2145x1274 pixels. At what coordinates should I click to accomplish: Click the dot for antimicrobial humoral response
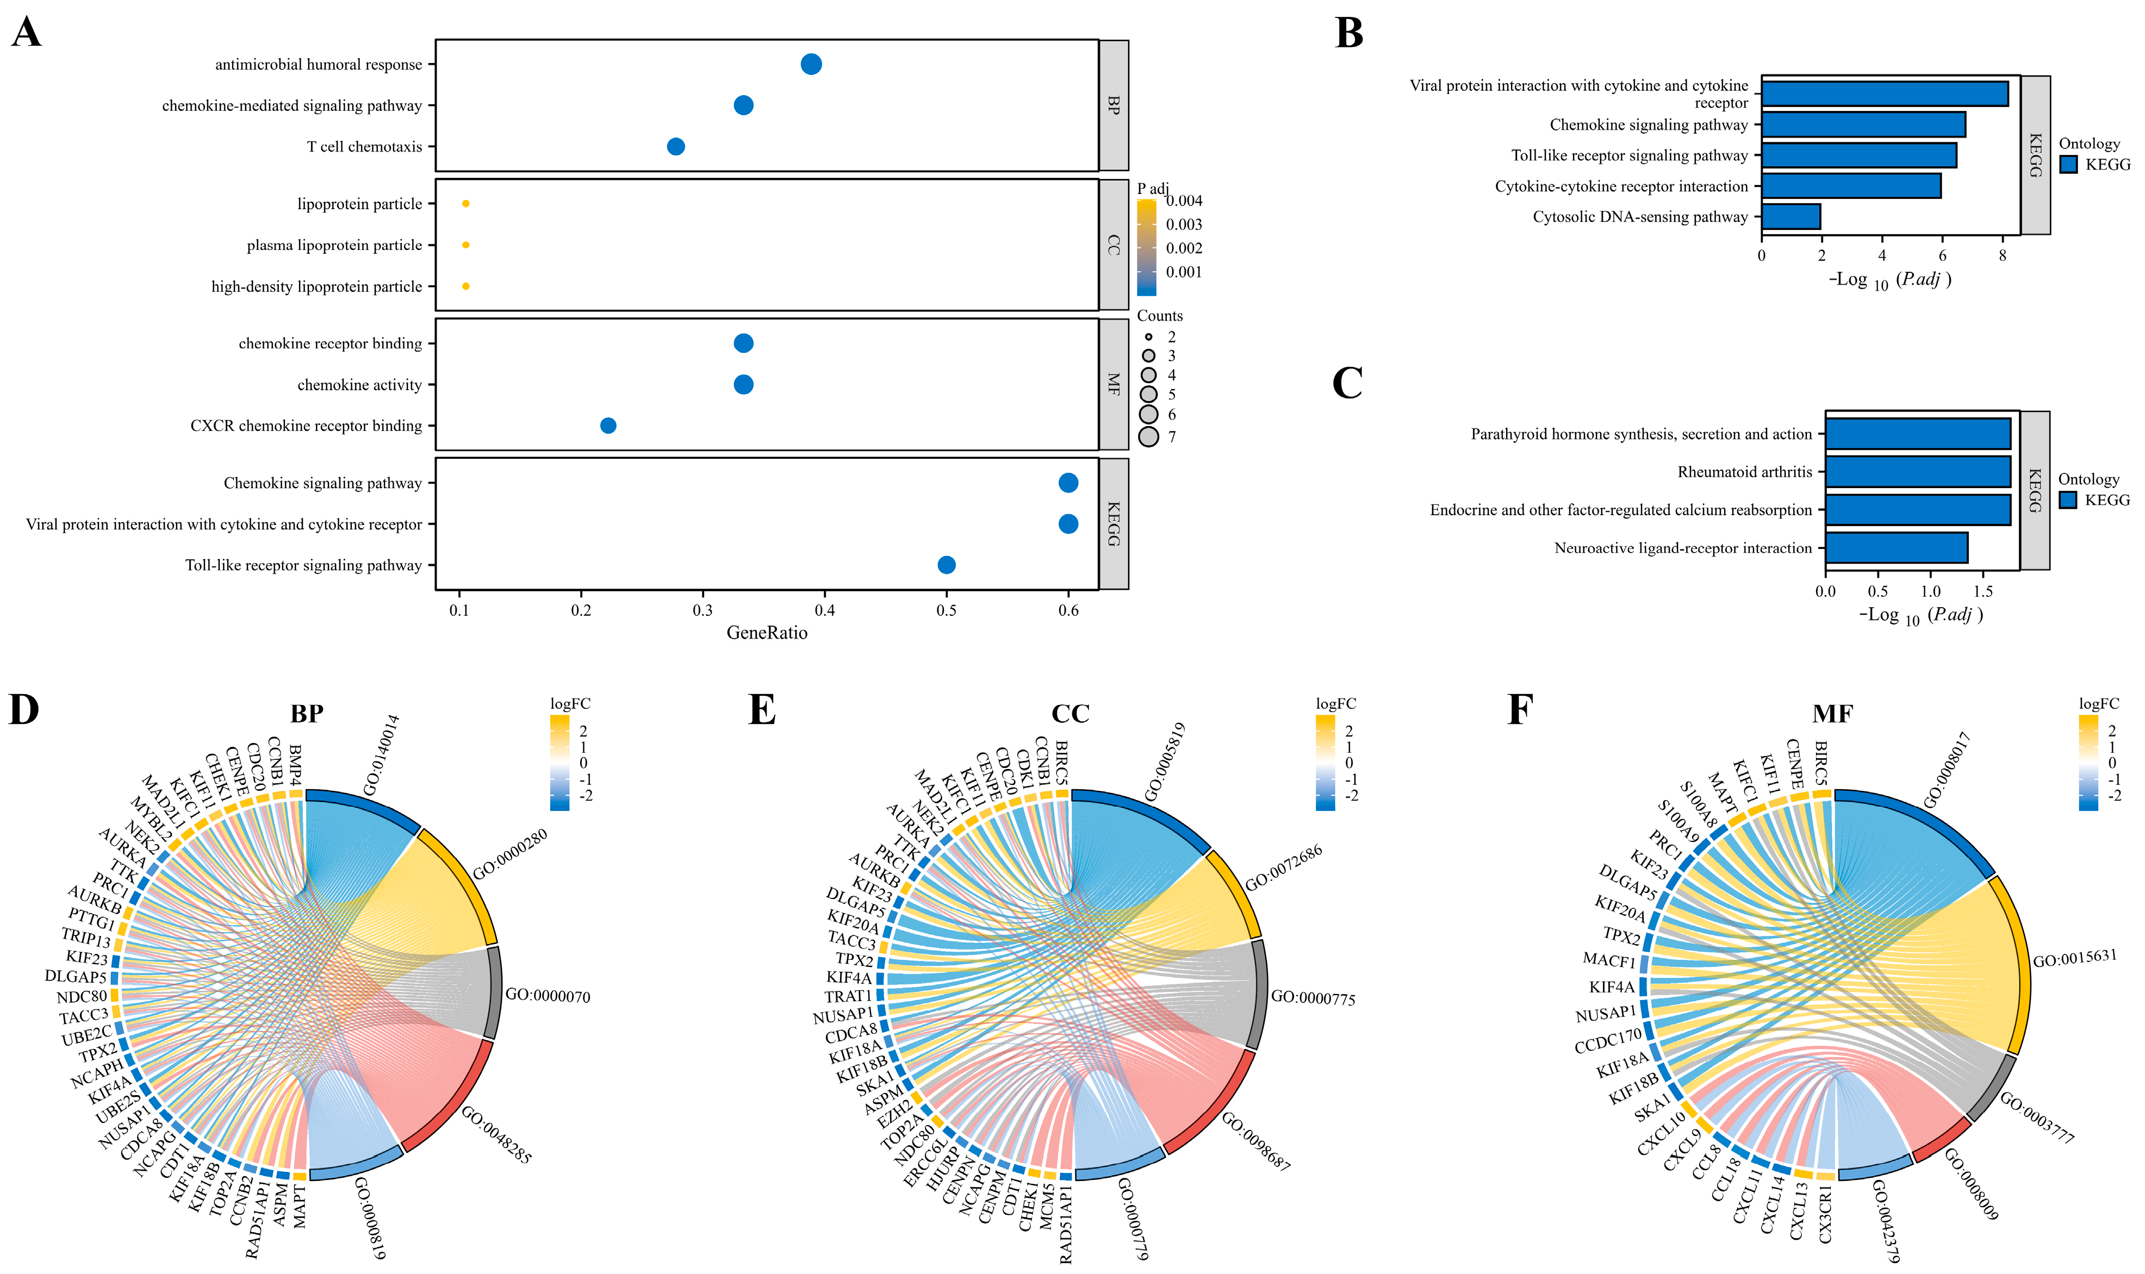click(811, 64)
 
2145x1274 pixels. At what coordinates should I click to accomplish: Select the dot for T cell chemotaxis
click(676, 147)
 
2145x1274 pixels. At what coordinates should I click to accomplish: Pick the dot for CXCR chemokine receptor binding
click(608, 426)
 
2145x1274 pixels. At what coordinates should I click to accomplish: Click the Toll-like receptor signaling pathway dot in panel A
click(946, 565)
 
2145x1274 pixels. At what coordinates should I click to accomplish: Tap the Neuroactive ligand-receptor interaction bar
click(1896, 548)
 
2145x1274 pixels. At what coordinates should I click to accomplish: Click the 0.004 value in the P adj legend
click(1184, 201)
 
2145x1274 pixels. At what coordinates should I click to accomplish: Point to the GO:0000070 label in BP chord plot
click(547, 996)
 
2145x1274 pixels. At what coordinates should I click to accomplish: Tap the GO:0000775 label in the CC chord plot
click(1313, 997)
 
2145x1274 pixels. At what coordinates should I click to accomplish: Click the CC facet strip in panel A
click(1114, 245)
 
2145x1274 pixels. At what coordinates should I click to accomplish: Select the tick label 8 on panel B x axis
click(2003, 255)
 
